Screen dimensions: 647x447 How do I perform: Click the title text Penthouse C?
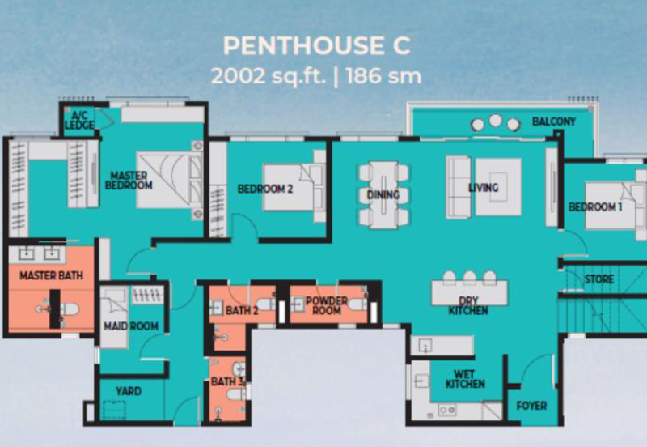316,45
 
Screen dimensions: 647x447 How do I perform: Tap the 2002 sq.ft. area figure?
269,76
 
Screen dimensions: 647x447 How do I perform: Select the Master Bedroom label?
129,181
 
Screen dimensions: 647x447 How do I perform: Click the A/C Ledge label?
79,120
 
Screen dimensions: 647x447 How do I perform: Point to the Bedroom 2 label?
265,189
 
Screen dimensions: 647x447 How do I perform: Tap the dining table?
383,194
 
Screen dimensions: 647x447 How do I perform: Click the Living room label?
484,188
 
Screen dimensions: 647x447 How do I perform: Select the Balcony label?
554,121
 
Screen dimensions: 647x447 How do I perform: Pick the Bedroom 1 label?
595,206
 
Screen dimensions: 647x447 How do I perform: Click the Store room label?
599,279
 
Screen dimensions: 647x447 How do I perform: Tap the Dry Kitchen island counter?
470,292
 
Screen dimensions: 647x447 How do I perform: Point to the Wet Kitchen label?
465,379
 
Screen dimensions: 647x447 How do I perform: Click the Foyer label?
531,406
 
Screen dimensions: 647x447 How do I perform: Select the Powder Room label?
327,305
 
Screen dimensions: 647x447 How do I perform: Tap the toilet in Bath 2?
265,304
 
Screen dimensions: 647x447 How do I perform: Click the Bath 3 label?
227,381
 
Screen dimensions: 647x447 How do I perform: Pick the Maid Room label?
131,326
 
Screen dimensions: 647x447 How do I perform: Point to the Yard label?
129,391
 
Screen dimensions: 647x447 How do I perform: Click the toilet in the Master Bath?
70,309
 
